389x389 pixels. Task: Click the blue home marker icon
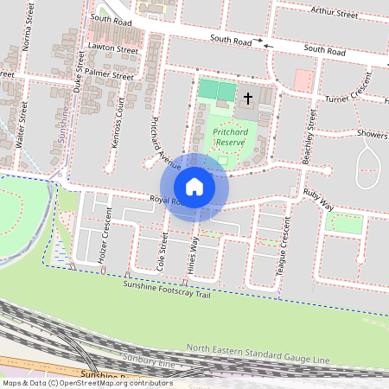click(x=194, y=186)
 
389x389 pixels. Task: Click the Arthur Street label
click(x=335, y=15)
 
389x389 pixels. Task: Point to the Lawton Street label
click(x=114, y=51)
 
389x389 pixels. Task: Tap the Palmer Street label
click(x=109, y=76)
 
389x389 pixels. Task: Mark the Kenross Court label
click(x=119, y=123)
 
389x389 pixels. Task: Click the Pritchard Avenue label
click(x=165, y=142)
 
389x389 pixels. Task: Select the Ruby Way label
click(x=317, y=200)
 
